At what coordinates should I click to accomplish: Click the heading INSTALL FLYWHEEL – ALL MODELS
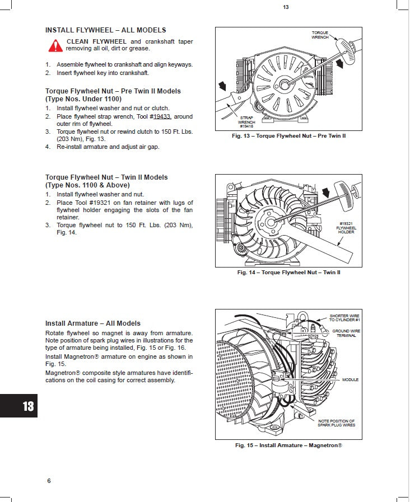[105, 30]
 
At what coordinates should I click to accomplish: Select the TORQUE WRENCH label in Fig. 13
[320, 35]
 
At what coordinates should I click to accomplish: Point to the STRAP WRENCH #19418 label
[246, 122]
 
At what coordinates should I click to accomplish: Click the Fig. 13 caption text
[288, 136]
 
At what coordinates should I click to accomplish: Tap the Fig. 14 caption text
[288, 273]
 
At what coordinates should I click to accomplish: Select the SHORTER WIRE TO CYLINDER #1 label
[344, 318]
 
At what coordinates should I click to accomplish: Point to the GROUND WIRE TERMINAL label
[346, 333]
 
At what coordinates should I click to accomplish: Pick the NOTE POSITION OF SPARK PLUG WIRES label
[336, 423]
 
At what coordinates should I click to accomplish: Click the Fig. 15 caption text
[288, 445]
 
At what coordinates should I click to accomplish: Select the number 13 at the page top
[286, 7]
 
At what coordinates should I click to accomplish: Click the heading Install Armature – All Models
[92, 323]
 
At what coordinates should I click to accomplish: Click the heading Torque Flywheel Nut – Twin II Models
[106, 177]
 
